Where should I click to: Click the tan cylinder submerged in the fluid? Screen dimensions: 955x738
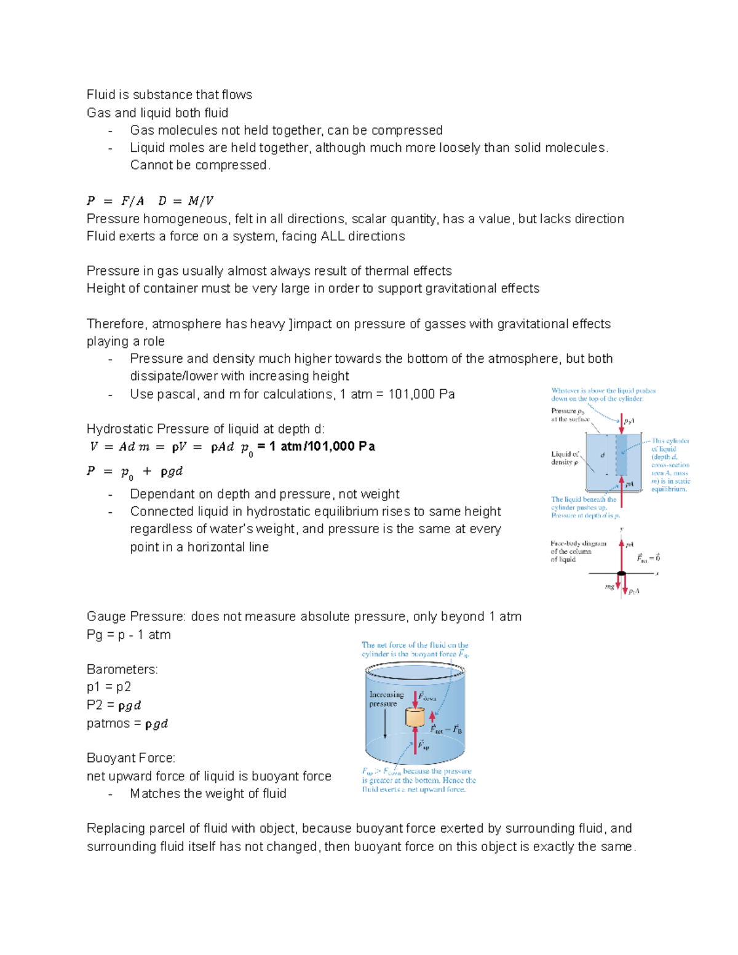(415, 717)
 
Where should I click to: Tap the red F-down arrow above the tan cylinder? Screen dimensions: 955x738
(416, 699)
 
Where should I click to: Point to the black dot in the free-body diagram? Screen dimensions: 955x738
(621, 574)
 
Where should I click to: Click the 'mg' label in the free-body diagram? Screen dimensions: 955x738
(609, 587)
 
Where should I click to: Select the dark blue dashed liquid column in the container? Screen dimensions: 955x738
(621, 455)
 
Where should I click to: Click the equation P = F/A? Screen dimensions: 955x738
(115, 201)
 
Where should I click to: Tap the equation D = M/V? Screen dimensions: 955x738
(185, 201)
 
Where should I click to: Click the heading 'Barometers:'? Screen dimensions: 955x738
(122, 669)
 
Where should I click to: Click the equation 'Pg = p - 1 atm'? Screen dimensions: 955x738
(129, 635)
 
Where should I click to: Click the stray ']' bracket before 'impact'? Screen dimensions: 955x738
(290, 324)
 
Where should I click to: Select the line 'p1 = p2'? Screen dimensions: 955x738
(108, 687)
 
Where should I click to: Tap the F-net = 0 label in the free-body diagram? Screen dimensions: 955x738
(648, 558)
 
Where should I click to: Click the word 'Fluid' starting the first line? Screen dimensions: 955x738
(101, 95)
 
